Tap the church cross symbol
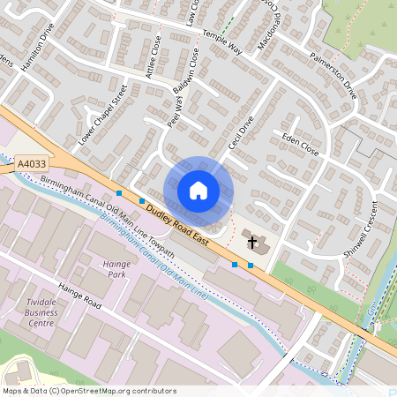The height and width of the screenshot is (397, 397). [252, 242]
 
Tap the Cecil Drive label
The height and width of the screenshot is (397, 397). [240, 132]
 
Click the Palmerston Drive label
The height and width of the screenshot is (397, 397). [333, 77]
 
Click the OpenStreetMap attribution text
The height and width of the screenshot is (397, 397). [89, 390]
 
